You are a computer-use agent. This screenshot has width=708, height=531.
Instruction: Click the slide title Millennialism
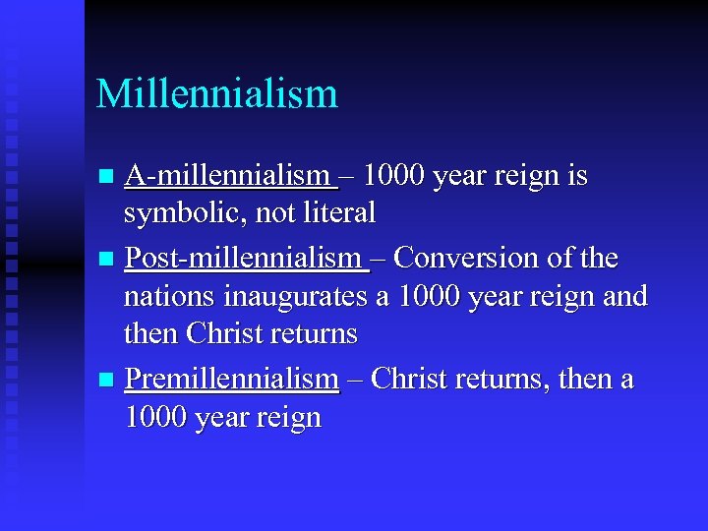[x=216, y=94]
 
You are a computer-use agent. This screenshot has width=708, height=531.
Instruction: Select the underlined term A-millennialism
[x=231, y=176]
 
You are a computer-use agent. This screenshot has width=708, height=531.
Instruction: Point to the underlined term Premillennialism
[x=232, y=379]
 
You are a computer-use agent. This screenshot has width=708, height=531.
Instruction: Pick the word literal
[x=341, y=212]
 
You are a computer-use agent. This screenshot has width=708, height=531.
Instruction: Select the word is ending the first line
[x=575, y=176]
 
